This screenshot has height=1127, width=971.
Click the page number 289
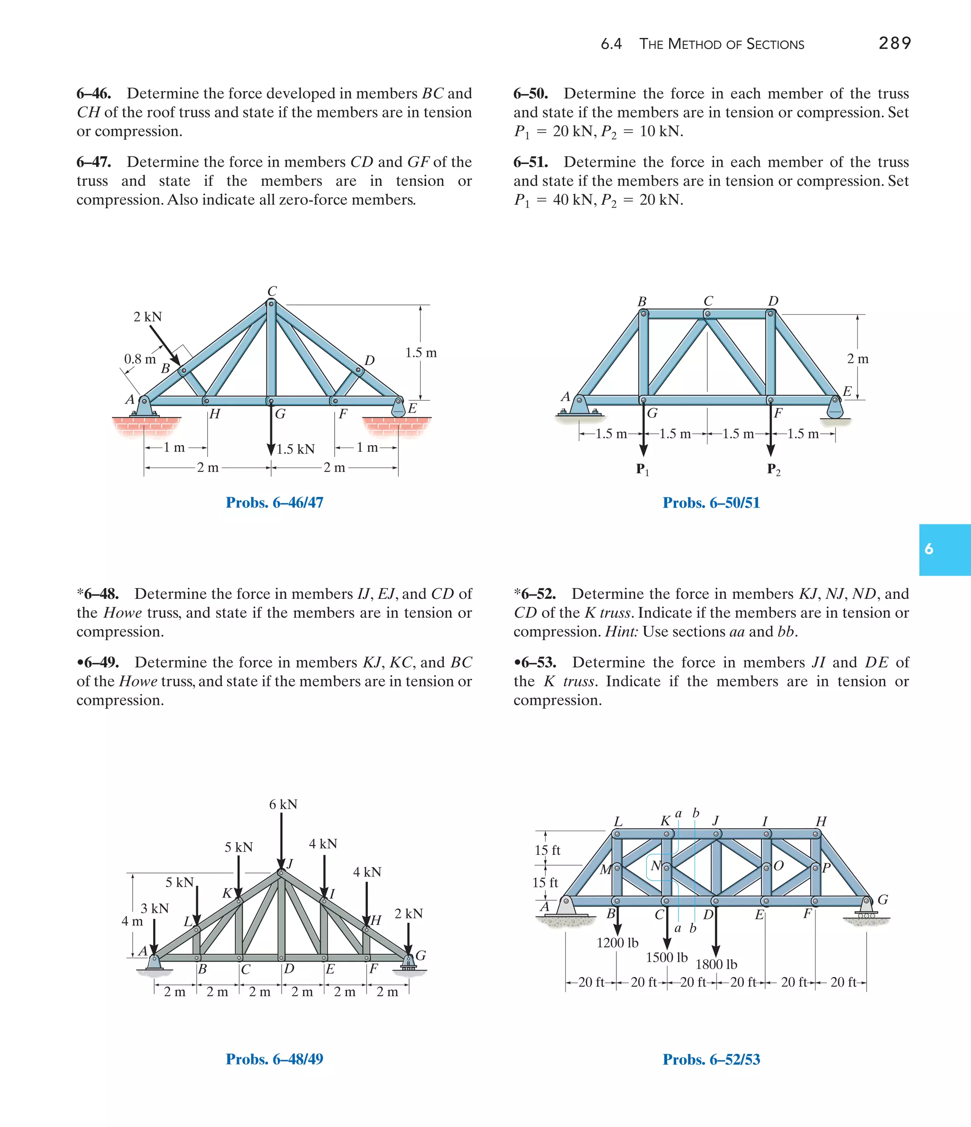(894, 43)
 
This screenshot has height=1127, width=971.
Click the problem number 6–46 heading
(93, 93)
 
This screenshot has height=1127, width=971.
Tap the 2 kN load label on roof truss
(147, 317)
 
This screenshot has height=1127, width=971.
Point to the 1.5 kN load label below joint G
(295, 449)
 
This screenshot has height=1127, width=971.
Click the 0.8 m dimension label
(140, 359)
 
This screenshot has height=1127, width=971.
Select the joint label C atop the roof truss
(272, 291)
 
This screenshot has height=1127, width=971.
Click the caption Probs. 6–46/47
(274, 503)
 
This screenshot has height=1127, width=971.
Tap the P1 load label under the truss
(642, 469)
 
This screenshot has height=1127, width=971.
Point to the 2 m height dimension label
(857, 359)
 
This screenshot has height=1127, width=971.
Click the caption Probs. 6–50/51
(711, 503)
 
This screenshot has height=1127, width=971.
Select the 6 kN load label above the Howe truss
(283, 805)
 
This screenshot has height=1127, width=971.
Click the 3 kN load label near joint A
(155, 908)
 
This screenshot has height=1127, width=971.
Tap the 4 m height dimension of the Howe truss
(132, 921)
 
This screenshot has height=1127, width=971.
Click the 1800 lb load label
(716, 964)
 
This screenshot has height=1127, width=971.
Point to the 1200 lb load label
(617, 943)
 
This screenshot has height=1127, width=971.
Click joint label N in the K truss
(656, 865)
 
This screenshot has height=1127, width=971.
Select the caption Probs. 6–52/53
(711, 1059)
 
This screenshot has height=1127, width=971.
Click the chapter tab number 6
(929, 550)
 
